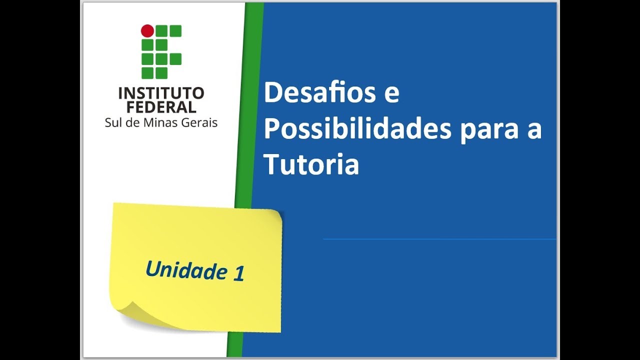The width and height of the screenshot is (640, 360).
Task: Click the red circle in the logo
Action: tap(147, 31)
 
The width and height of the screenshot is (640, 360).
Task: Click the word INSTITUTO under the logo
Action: tap(161, 93)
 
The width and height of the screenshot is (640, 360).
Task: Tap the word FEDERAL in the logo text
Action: tap(161, 106)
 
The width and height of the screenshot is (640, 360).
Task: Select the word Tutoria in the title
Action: tap(311, 165)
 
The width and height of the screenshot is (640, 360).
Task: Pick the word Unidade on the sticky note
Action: tap(185, 270)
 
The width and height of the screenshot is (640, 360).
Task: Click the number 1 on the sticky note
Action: tap(238, 274)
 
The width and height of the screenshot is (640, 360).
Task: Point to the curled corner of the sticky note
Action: tap(127, 310)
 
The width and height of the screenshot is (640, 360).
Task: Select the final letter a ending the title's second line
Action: tap(535, 131)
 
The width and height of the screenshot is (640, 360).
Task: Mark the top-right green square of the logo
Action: tap(175, 31)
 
